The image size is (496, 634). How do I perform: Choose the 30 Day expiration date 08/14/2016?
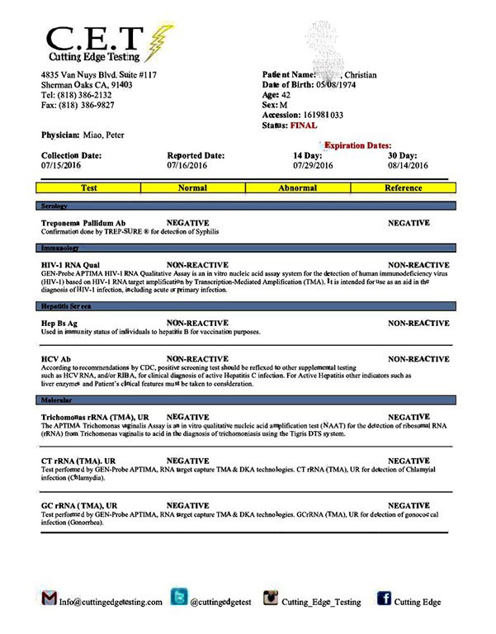point(409,165)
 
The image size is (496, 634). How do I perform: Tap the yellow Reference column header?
point(404,187)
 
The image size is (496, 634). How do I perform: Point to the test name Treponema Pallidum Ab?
point(83,223)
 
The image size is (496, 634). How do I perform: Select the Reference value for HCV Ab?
point(418,359)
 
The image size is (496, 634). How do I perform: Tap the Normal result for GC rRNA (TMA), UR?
point(188,504)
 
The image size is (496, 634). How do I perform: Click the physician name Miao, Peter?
point(101,135)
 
